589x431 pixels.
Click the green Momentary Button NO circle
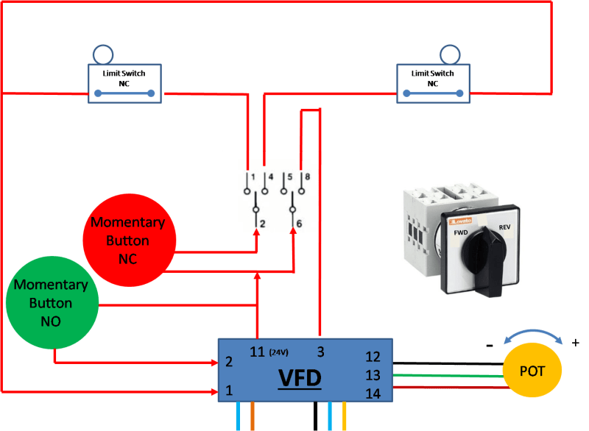click(51, 302)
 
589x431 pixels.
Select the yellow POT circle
click(532, 371)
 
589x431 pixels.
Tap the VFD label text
click(299, 379)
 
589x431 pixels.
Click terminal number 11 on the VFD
click(255, 351)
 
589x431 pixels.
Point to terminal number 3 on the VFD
click(320, 351)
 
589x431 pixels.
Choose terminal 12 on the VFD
click(373, 357)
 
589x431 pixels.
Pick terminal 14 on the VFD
click(373, 393)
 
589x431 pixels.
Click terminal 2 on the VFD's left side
click(229, 362)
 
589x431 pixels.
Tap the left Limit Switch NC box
click(124, 83)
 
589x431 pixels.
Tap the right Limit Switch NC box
click(432, 83)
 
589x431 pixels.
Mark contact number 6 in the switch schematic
click(300, 223)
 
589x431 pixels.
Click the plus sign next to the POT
click(575, 342)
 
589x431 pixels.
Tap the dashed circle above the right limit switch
click(450, 54)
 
